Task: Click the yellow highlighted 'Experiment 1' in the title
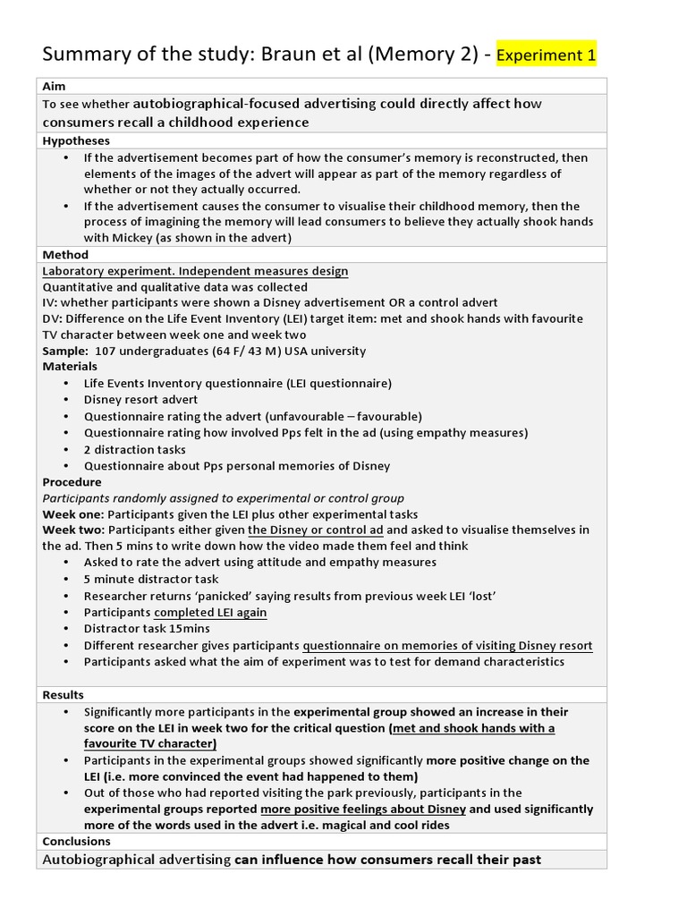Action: (546, 55)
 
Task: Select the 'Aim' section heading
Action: (54, 87)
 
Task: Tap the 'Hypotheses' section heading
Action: (76, 140)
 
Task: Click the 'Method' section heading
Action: (65, 255)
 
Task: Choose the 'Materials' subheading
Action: (70, 367)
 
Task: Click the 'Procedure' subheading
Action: (72, 482)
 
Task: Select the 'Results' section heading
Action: (63, 695)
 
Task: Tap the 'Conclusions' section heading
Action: (76, 841)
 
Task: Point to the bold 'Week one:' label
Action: (73, 514)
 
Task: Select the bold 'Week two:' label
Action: (73, 530)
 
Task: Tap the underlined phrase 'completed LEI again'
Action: (210, 613)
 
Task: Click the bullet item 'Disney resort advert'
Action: (140, 400)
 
